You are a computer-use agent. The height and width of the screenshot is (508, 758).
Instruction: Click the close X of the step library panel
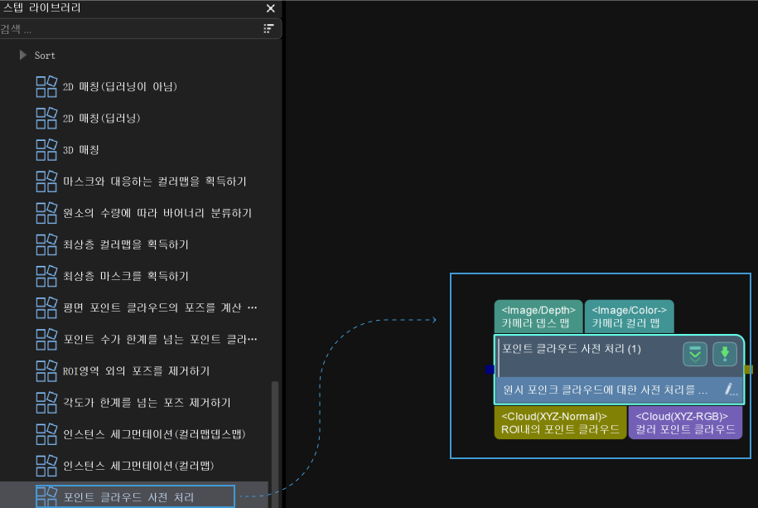(270, 8)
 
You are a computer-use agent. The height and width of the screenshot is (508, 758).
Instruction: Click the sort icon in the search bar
(268, 29)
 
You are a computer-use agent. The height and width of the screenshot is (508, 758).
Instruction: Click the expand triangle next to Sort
(23, 56)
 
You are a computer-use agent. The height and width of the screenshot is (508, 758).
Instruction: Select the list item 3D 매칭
(80, 150)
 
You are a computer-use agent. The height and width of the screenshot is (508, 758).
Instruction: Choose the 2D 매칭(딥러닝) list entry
(101, 119)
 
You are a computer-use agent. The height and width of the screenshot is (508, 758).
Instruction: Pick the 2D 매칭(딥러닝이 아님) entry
(119, 87)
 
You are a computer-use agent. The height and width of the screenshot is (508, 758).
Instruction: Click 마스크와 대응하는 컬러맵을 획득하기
(154, 181)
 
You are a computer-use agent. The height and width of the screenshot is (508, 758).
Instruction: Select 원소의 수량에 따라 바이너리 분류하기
(157, 213)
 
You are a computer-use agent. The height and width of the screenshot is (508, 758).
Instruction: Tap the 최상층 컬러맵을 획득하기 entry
(125, 244)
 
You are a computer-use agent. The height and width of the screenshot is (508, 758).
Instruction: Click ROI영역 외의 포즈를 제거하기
(136, 370)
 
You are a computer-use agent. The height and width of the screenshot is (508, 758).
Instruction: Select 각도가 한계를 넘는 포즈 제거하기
(147, 402)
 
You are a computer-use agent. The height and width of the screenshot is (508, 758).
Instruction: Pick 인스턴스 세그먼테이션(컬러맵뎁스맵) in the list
(154, 433)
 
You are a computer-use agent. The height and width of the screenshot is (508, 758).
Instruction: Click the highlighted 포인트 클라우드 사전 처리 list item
(128, 497)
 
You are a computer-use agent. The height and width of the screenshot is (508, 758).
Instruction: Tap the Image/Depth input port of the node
(538, 317)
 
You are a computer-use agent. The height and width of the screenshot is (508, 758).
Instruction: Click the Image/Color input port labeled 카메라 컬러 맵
(629, 317)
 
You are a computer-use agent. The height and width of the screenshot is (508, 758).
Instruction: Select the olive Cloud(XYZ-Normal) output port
(560, 423)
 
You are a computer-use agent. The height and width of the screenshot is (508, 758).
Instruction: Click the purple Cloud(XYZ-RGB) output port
(685, 423)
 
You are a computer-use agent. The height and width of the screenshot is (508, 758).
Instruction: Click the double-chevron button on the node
(694, 354)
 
